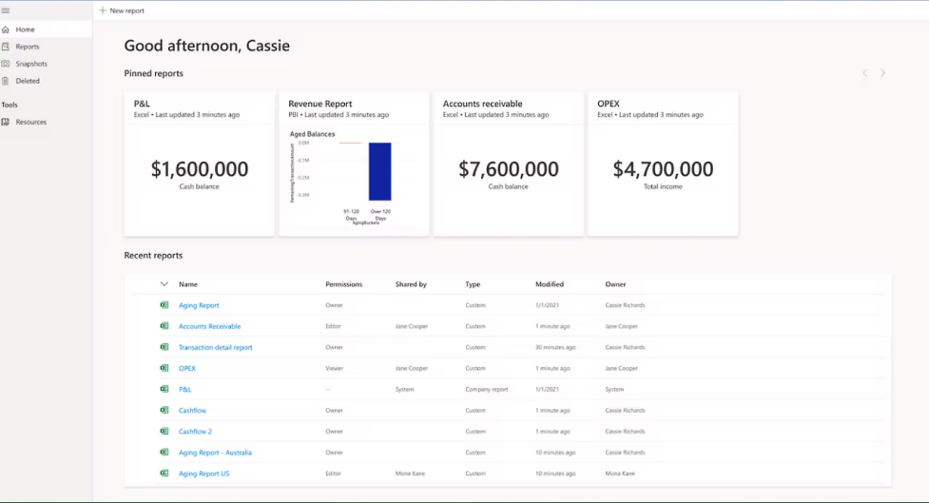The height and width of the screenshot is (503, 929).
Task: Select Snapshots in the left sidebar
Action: [30, 64]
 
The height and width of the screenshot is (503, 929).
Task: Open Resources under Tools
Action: [30, 122]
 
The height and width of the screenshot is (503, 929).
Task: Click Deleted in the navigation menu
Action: [28, 81]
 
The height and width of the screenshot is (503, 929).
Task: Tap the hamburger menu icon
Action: [6, 10]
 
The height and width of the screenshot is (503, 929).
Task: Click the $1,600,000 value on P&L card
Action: [200, 169]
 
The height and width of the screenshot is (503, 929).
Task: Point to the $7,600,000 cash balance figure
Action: [509, 169]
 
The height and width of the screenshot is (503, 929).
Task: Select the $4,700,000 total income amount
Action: [663, 169]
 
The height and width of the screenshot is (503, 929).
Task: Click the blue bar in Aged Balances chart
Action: [379, 171]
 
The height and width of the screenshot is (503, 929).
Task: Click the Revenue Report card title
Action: [320, 104]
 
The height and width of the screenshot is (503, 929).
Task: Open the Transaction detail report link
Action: [216, 347]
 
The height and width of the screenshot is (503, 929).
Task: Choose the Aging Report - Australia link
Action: [215, 453]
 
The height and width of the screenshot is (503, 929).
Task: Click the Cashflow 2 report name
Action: [195, 432]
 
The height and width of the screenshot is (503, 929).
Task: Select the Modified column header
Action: [549, 284]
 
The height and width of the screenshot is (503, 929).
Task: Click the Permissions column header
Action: [343, 284]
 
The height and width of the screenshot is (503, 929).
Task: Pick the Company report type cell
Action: [487, 389]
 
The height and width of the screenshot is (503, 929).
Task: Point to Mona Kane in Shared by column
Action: [411, 474]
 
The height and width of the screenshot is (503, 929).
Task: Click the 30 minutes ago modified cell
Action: [555, 347]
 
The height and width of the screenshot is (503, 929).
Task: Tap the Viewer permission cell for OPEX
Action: [335, 368]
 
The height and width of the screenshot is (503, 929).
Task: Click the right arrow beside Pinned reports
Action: [883, 73]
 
